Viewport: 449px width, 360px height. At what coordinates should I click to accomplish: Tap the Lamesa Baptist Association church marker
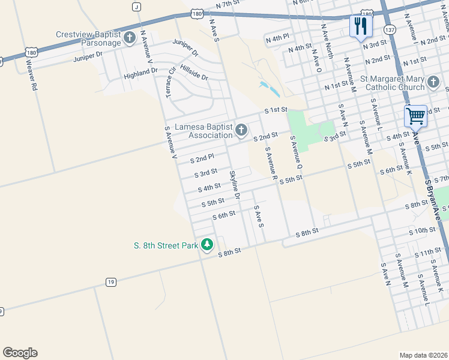(241, 130)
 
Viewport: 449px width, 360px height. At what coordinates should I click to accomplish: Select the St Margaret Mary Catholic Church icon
(434, 83)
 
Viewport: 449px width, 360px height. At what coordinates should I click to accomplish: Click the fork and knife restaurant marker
(361, 26)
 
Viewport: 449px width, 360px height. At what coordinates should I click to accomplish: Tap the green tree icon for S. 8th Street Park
(207, 244)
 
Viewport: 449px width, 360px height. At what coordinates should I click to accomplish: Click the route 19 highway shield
(110, 281)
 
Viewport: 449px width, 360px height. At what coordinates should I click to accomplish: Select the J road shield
(137, 7)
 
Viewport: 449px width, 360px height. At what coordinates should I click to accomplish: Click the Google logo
(20, 353)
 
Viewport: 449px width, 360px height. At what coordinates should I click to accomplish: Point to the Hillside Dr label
(194, 74)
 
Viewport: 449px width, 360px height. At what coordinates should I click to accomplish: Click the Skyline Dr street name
(235, 185)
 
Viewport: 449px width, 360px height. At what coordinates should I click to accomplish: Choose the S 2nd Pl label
(202, 158)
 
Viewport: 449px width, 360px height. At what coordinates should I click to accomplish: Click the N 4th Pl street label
(277, 38)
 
